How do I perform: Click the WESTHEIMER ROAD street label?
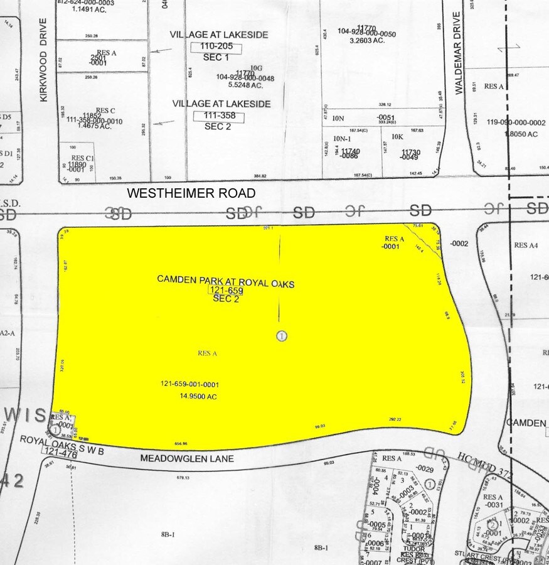[x=191, y=193]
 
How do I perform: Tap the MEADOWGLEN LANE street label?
[x=187, y=459]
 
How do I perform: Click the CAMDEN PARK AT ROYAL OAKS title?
[x=225, y=280]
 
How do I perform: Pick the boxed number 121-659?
[x=226, y=291]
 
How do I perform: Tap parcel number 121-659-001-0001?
[x=189, y=384]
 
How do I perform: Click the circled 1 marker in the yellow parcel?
[x=282, y=336]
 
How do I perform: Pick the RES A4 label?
[x=525, y=245]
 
